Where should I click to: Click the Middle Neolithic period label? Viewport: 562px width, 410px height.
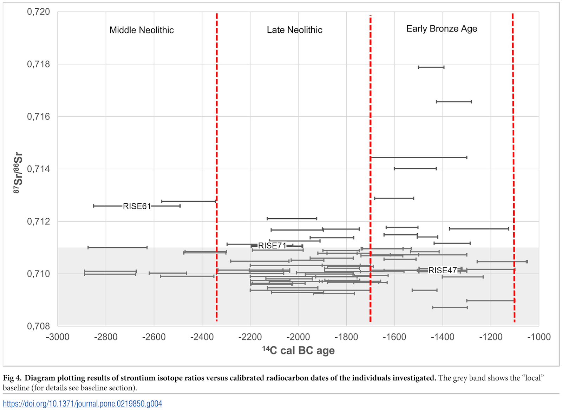point(142,30)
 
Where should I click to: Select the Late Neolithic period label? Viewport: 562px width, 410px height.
point(294,30)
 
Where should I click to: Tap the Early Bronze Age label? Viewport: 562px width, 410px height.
point(442,29)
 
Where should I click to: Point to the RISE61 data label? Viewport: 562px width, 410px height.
point(137,206)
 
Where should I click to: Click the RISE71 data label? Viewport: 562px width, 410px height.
point(272,246)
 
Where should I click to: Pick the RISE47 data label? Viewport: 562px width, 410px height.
point(443,271)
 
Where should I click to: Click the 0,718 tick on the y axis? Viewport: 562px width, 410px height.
point(39,64)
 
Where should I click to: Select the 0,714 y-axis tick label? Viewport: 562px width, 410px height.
point(39,169)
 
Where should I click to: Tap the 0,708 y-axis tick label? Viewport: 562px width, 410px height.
point(39,326)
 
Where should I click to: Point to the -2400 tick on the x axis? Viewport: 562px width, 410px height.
point(202,337)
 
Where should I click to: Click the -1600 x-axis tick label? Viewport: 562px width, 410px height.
point(394,337)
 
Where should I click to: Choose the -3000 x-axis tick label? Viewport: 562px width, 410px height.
point(58,337)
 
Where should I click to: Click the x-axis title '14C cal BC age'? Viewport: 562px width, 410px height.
point(298,350)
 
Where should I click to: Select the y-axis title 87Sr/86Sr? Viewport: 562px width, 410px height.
point(18,173)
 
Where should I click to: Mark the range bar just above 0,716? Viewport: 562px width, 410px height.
point(454,102)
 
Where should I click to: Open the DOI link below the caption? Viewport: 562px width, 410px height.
point(83,404)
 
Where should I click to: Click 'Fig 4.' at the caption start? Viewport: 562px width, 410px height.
point(12,378)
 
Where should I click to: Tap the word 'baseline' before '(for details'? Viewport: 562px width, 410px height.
point(16,388)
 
